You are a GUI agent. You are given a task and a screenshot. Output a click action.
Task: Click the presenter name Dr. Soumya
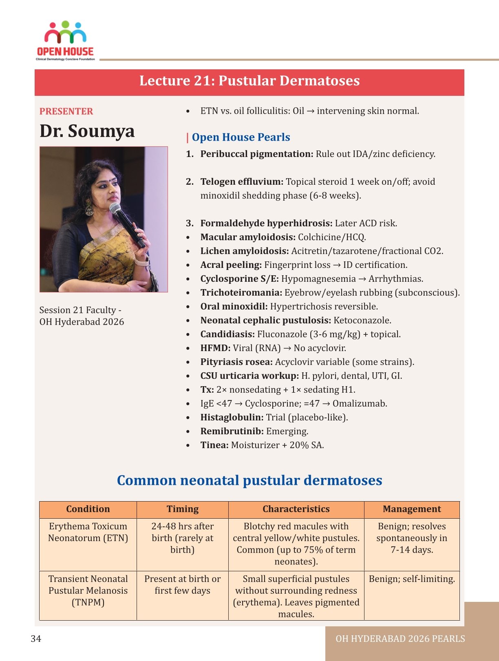click(x=87, y=131)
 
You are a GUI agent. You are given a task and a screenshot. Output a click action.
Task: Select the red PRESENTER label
click(x=66, y=111)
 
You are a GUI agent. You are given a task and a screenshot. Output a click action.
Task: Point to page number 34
click(x=36, y=639)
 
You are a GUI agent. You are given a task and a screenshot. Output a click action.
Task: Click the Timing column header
click(x=182, y=509)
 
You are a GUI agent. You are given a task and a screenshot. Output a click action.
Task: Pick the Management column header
click(x=412, y=509)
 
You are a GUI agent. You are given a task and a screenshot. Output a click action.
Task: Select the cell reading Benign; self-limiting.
click(x=412, y=579)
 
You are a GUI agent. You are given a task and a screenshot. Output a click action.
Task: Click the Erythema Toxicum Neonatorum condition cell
click(x=88, y=532)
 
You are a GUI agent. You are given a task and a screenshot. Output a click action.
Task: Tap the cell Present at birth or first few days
click(x=182, y=585)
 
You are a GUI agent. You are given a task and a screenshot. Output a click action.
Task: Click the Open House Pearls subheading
click(x=241, y=137)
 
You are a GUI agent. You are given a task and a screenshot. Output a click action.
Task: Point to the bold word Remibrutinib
click(x=232, y=431)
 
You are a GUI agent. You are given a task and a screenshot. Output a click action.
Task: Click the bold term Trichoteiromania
click(x=241, y=293)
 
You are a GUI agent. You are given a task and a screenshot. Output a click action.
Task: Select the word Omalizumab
click(x=360, y=404)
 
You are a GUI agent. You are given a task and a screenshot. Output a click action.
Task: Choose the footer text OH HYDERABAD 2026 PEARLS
click(x=400, y=639)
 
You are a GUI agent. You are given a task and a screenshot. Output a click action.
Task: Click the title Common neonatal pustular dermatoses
click(x=249, y=480)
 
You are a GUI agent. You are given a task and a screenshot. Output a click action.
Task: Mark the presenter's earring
click(x=89, y=210)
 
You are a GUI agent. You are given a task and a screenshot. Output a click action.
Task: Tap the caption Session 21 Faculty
click(x=80, y=310)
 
